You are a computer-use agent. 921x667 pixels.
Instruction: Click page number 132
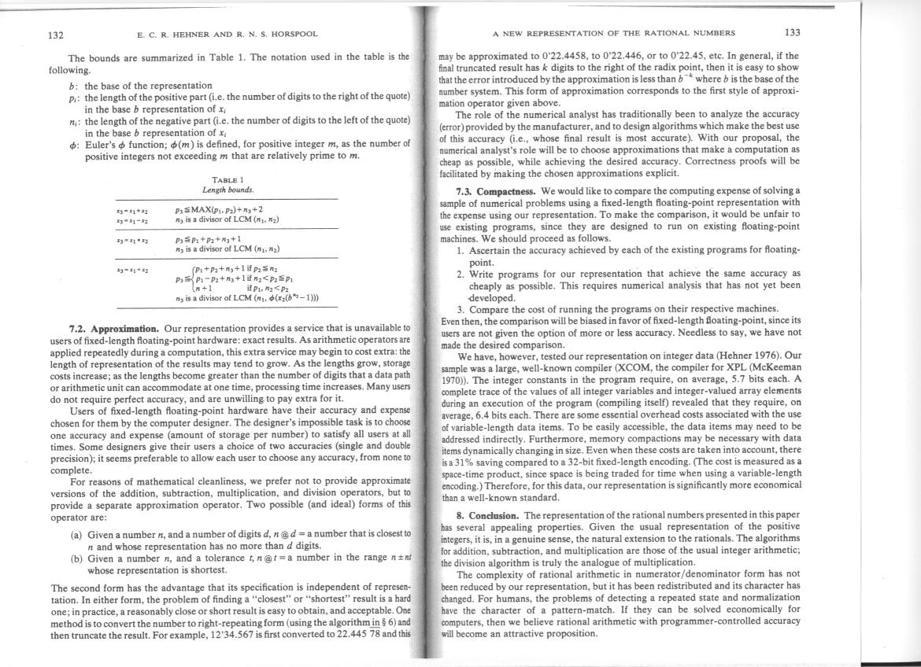[57, 35]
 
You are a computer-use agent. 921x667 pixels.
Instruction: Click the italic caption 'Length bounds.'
[227, 190]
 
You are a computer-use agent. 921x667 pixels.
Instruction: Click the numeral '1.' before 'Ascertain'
[462, 249]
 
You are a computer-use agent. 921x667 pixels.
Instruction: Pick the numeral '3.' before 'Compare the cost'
[461, 308]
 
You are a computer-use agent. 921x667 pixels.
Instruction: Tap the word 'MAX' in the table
[201, 210]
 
